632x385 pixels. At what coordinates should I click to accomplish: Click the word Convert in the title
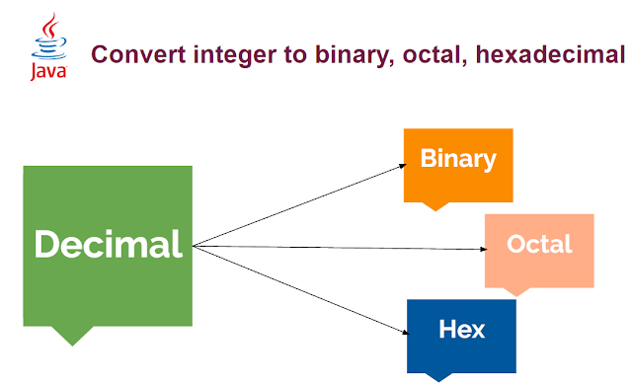pos(138,54)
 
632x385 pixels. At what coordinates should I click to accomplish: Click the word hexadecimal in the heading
pos(550,54)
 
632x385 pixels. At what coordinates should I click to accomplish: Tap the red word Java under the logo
pos(48,71)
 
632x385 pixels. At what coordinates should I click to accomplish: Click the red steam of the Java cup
pos(50,25)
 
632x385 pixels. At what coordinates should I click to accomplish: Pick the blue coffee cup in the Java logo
pos(49,48)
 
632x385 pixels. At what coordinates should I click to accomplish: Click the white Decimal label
pos(108,244)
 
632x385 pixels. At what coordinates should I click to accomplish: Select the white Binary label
pos(458,159)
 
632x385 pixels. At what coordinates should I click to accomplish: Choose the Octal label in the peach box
pos(539,244)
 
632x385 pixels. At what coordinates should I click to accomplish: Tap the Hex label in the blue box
pos(461,329)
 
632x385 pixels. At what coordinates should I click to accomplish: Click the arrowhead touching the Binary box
pos(402,166)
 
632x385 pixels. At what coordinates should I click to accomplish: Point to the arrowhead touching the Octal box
pos(484,250)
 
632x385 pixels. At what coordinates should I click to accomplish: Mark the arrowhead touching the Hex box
pos(405,332)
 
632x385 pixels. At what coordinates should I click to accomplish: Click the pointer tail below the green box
pos(72,335)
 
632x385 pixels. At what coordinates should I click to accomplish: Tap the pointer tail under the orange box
pos(435,206)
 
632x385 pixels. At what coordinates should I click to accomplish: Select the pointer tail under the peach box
pos(516,292)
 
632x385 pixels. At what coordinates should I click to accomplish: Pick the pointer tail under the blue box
pos(438,377)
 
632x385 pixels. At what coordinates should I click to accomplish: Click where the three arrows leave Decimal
pos(194,246)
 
